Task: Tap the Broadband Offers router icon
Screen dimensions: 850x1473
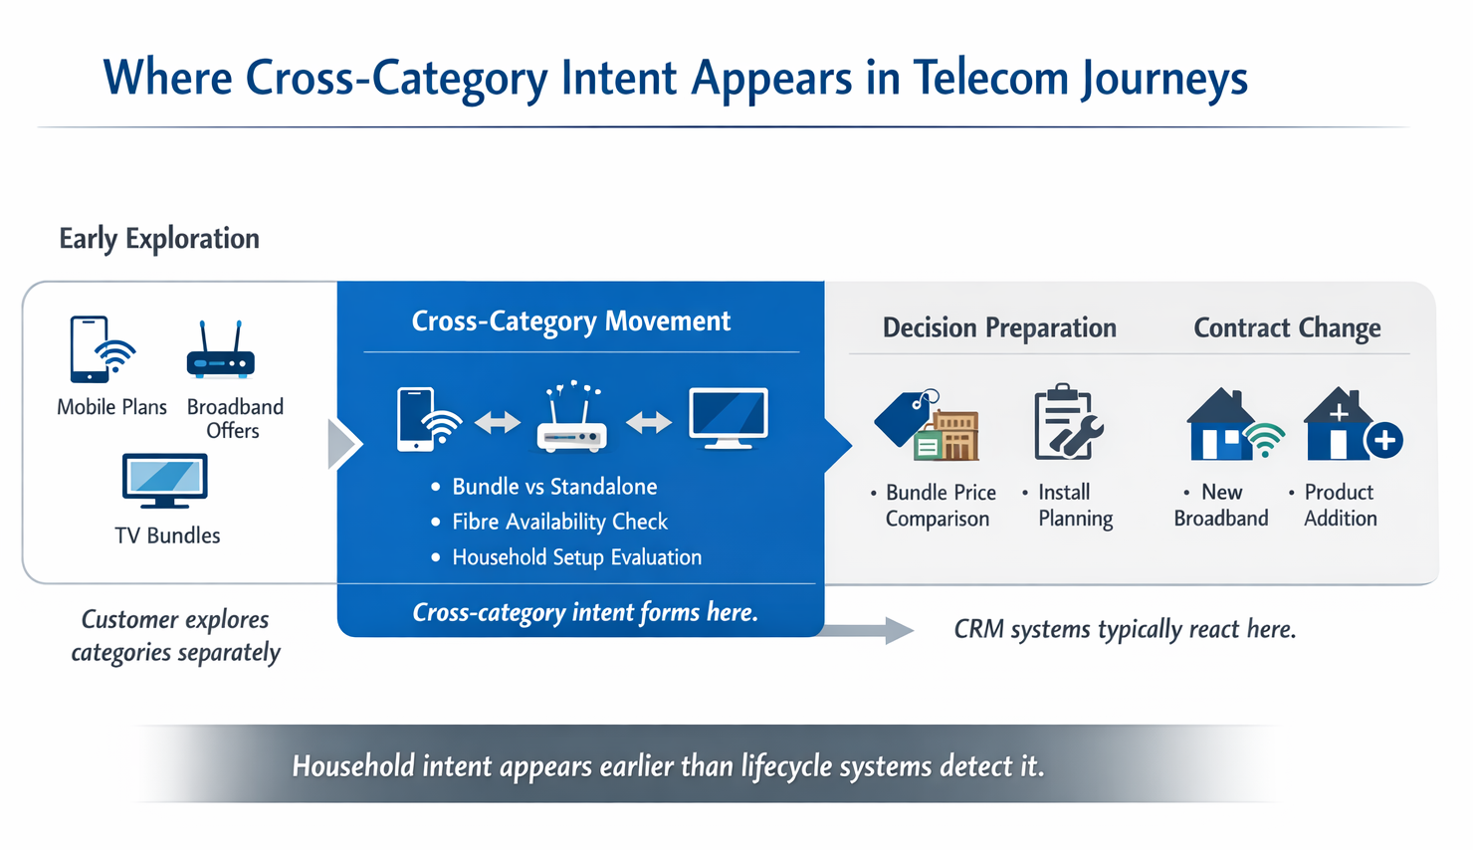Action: [220, 352]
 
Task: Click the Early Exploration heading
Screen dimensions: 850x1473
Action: [159, 239]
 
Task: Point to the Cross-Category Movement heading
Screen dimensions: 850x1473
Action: [570, 321]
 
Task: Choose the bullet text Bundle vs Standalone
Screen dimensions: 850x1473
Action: [554, 487]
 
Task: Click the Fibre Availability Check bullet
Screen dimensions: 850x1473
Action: [559, 522]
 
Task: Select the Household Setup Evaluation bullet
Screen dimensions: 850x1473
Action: [576, 557]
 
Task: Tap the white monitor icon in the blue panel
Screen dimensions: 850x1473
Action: [729, 418]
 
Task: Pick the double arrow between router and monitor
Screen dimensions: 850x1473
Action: [649, 423]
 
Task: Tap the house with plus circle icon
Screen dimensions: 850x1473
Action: [1352, 425]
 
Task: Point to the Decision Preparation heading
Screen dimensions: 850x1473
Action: [999, 328]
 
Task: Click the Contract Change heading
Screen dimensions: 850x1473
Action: [1287, 328]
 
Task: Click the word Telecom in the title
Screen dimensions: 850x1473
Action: [990, 79]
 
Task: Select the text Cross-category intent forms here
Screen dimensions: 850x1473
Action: [585, 612]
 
